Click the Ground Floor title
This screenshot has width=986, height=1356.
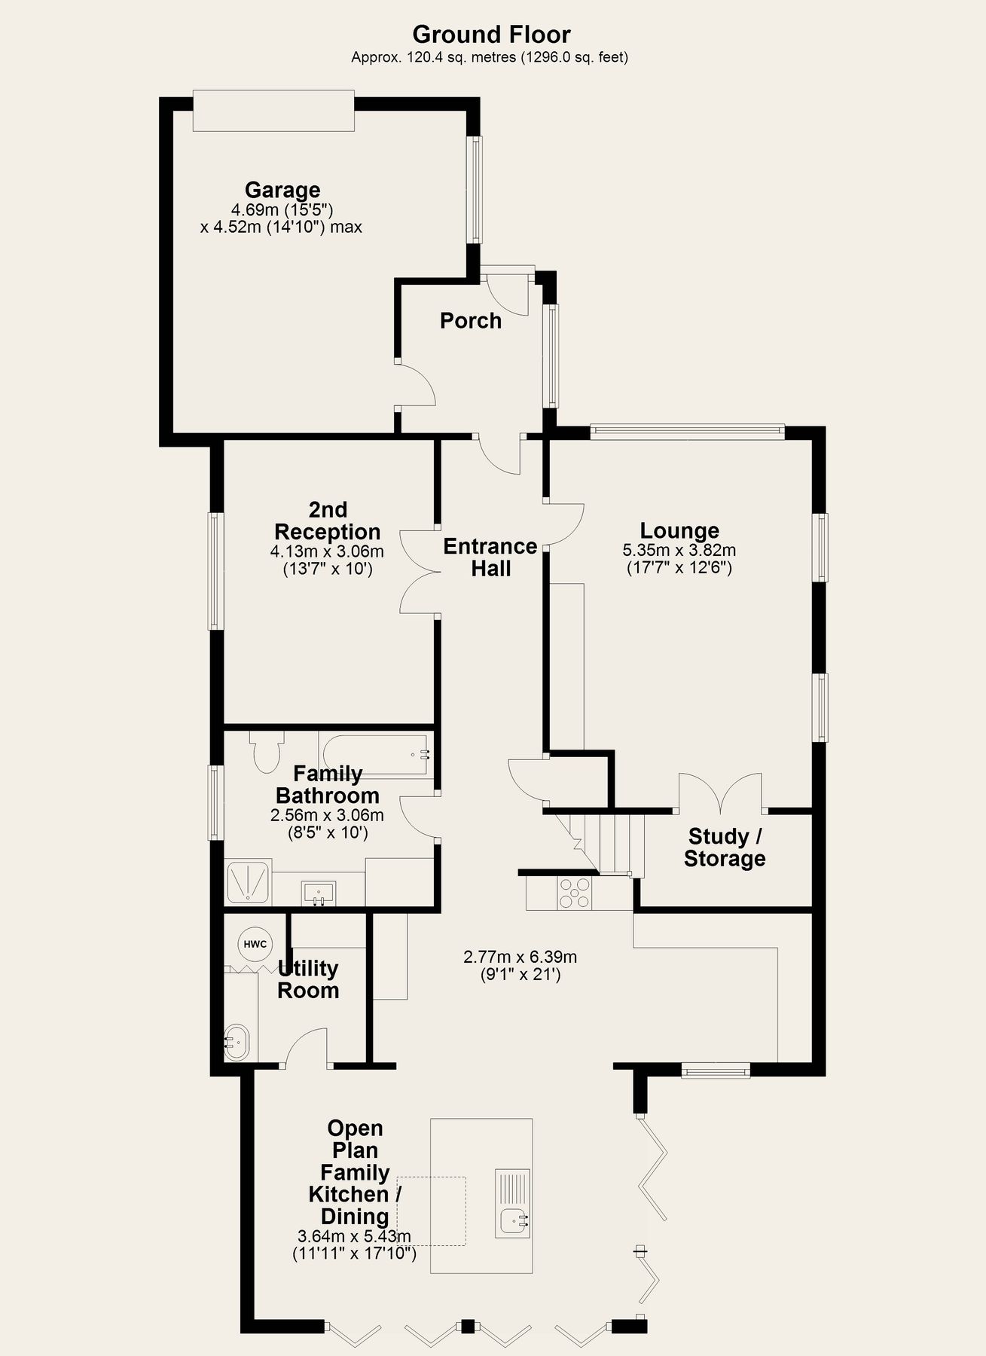tap(491, 35)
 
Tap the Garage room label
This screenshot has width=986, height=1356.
tap(282, 190)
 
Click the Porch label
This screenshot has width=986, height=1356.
tap(471, 321)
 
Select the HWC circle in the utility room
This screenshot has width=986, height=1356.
tap(255, 944)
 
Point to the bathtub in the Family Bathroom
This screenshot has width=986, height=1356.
tap(374, 753)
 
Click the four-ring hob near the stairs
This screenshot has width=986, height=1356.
tap(575, 893)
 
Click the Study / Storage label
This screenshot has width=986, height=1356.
tap(725, 847)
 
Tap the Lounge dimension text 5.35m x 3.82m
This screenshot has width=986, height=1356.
tap(679, 550)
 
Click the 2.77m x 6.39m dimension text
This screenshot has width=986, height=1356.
tap(520, 957)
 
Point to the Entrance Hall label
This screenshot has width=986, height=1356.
tap(490, 557)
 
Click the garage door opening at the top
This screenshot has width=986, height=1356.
tap(273, 111)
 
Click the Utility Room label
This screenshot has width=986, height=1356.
tap(307, 979)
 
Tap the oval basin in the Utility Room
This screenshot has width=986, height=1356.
tap(237, 1043)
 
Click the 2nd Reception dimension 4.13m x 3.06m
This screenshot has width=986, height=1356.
tap(327, 551)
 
